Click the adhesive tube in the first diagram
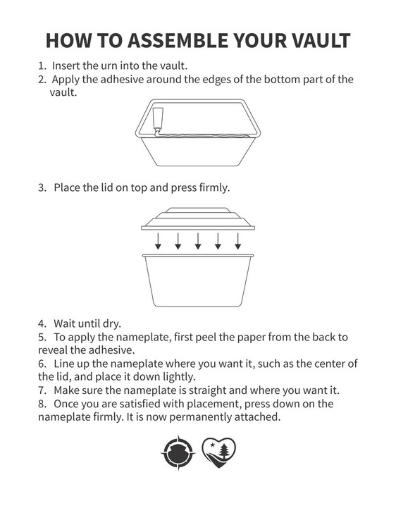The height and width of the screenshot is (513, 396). tap(158, 119)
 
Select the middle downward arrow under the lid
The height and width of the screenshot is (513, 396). tap(198, 241)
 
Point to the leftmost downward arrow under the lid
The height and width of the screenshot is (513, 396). tap(158, 241)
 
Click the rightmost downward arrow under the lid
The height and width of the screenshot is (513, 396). tap(238, 241)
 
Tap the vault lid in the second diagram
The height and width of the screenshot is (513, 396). tap(198, 218)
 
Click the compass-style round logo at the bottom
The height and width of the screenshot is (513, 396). tap(178, 453)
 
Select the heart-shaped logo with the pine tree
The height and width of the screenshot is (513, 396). tap(218, 452)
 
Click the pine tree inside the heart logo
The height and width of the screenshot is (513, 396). tap(224, 451)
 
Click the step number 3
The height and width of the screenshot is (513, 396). tap(42, 187)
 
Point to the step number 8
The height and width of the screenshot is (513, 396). tap(42, 404)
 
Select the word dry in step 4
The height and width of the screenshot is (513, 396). tap(112, 324)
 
